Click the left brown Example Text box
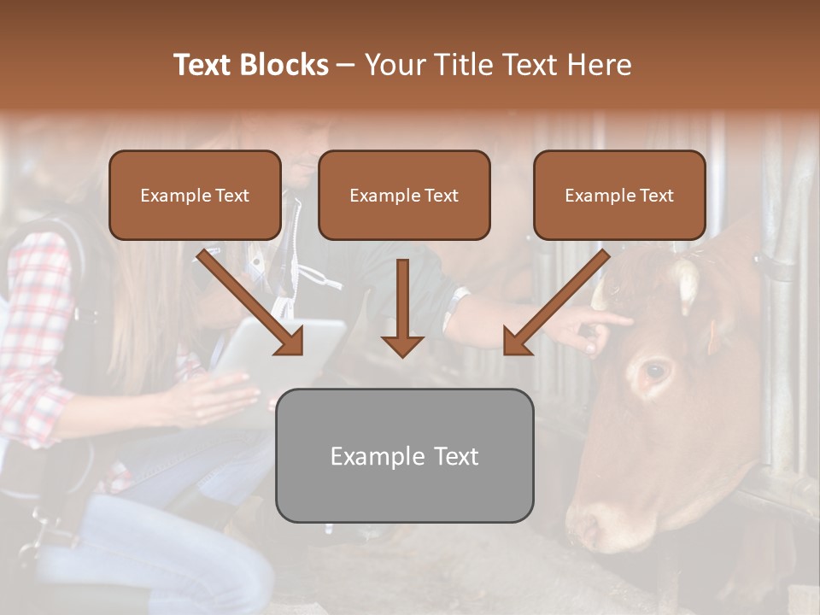coord(195,195)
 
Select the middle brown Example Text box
coord(404,195)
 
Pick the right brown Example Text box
coord(619,195)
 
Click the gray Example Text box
coord(404,455)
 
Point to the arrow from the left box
coord(252,303)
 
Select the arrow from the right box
coord(555,303)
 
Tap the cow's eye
coord(655,371)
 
